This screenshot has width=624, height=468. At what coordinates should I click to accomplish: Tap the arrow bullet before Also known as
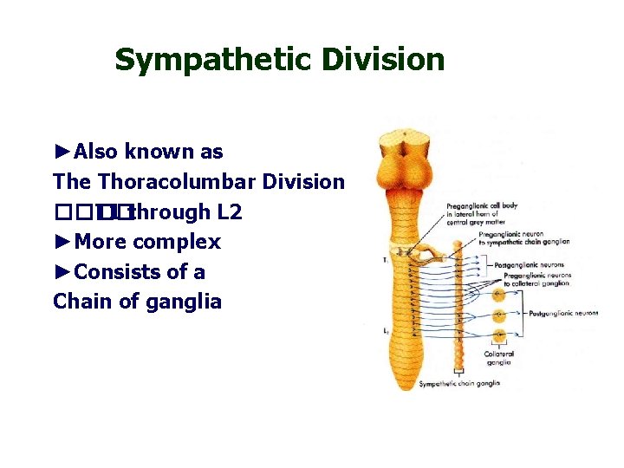63,152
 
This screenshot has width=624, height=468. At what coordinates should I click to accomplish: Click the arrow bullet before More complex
63,242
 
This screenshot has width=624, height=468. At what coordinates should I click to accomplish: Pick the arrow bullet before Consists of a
63,272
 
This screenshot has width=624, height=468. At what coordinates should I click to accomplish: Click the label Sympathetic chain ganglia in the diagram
460,384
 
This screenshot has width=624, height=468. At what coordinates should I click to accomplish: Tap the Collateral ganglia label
498,358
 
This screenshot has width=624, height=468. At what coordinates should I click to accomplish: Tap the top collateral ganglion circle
499,296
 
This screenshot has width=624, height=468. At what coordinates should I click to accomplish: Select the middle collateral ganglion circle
499,315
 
